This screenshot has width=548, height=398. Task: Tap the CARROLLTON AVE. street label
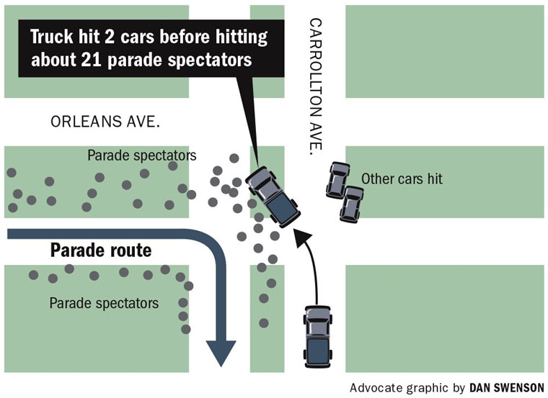pyautogui.click(x=315, y=86)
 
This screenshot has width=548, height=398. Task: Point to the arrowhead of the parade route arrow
pyautogui.click(x=221, y=353)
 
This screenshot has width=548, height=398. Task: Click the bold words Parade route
pyautogui.click(x=101, y=251)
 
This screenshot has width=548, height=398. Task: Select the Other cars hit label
pyautogui.click(x=402, y=179)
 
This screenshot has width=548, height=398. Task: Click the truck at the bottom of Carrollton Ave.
pyautogui.click(x=317, y=336)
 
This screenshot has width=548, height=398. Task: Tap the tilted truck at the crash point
pyautogui.click(x=271, y=196)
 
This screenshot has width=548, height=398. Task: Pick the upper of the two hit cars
pyautogui.click(x=337, y=180)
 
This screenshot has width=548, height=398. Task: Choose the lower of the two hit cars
pyautogui.click(x=352, y=204)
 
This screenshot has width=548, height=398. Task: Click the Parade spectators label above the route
pyautogui.click(x=142, y=155)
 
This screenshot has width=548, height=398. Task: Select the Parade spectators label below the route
pyautogui.click(x=104, y=302)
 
